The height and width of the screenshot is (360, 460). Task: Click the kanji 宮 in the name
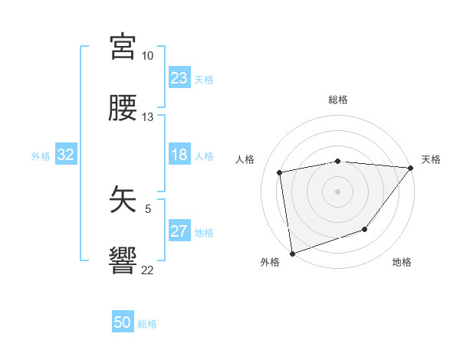(x=123, y=47)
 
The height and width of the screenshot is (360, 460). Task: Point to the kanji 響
(x=123, y=260)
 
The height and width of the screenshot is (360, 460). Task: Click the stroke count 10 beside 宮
(x=147, y=57)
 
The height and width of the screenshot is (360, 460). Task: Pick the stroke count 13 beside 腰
(x=147, y=117)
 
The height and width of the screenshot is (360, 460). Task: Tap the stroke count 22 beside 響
(x=147, y=270)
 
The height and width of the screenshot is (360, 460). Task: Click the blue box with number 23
(x=179, y=78)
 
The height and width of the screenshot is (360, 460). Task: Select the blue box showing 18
(x=179, y=155)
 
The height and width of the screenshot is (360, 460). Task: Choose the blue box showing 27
(x=179, y=231)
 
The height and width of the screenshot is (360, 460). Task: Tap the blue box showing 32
(x=66, y=155)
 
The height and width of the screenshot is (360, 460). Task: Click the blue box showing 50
(x=123, y=323)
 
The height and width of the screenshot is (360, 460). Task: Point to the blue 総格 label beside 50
(x=147, y=324)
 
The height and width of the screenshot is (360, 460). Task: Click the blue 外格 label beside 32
(x=41, y=155)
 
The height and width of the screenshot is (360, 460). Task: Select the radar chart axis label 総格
(x=338, y=100)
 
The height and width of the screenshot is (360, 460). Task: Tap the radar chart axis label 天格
(x=431, y=159)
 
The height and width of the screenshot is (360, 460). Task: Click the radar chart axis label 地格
(x=402, y=263)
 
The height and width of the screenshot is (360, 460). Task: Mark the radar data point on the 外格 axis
(x=292, y=253)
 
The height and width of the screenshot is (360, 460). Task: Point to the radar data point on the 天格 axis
(x=411, y=168)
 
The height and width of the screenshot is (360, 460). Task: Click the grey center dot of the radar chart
(x=337, y=191)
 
